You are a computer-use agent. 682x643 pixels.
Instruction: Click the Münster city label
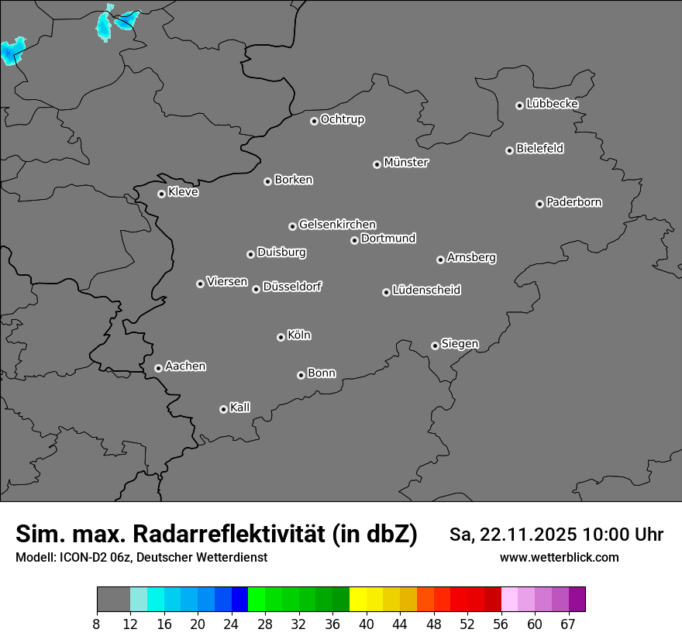406,163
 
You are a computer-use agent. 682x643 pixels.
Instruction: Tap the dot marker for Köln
281,337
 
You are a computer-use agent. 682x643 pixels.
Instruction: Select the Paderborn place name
574,202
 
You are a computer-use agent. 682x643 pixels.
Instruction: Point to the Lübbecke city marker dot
519,105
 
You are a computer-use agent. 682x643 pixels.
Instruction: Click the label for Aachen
186,366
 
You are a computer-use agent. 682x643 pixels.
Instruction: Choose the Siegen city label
460,344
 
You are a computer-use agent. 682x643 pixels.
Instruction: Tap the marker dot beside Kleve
161,194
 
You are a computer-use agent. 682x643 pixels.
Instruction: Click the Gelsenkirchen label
337,225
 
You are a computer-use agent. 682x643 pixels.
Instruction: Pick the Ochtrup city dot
314,121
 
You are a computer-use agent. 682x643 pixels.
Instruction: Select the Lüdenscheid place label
426,291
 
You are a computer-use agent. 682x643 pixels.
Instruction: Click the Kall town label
240,407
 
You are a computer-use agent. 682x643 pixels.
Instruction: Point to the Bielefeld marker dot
509,150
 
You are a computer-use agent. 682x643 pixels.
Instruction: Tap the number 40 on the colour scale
366,624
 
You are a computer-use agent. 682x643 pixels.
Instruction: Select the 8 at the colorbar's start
96,624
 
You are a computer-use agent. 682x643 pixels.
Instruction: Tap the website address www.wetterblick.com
559,558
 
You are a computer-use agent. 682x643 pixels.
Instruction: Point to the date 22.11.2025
528,535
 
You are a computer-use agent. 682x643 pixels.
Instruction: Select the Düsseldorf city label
292,287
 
